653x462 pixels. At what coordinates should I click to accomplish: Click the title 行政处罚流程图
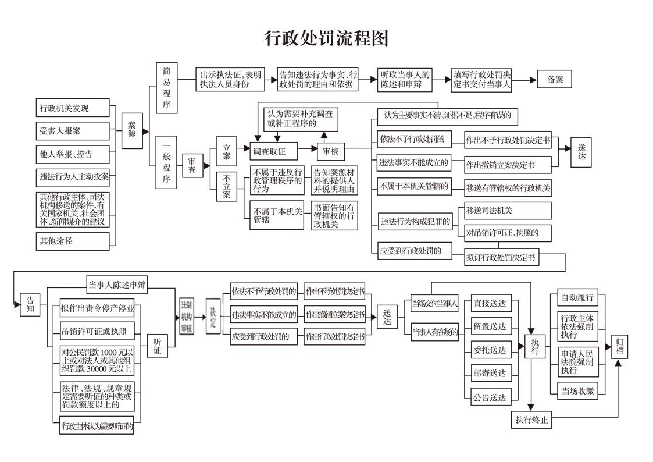(x=326, y=38)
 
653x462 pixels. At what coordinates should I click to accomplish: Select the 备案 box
(x=554, y=80)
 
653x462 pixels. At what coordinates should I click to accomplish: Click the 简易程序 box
(x=166, y=87)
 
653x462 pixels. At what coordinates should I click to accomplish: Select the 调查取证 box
(x=274, y=152)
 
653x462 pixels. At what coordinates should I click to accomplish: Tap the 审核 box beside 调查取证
(x=330, y=152)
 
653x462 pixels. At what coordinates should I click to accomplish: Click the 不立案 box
(x=227, y=187)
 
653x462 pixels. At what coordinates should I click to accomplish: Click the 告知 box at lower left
(x=30, y=304)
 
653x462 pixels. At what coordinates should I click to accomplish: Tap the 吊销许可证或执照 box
(x=97, y=332)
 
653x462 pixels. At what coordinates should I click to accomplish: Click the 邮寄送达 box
(x=490, y=374)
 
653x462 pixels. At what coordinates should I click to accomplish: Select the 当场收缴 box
(x=578, y=390)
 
